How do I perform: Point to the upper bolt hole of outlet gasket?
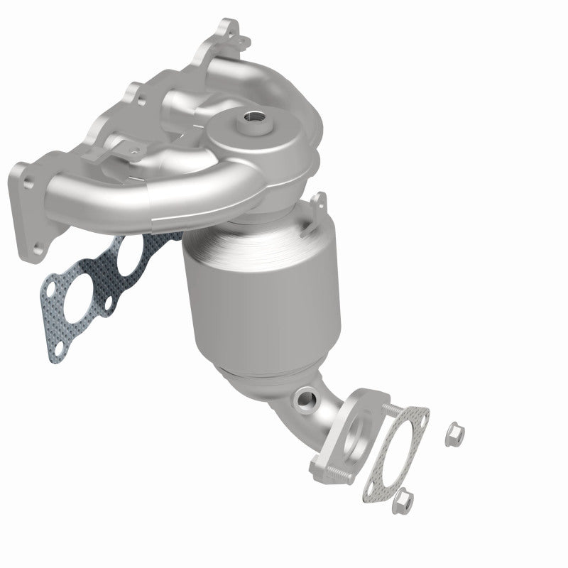418,415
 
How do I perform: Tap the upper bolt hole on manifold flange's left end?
28,182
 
